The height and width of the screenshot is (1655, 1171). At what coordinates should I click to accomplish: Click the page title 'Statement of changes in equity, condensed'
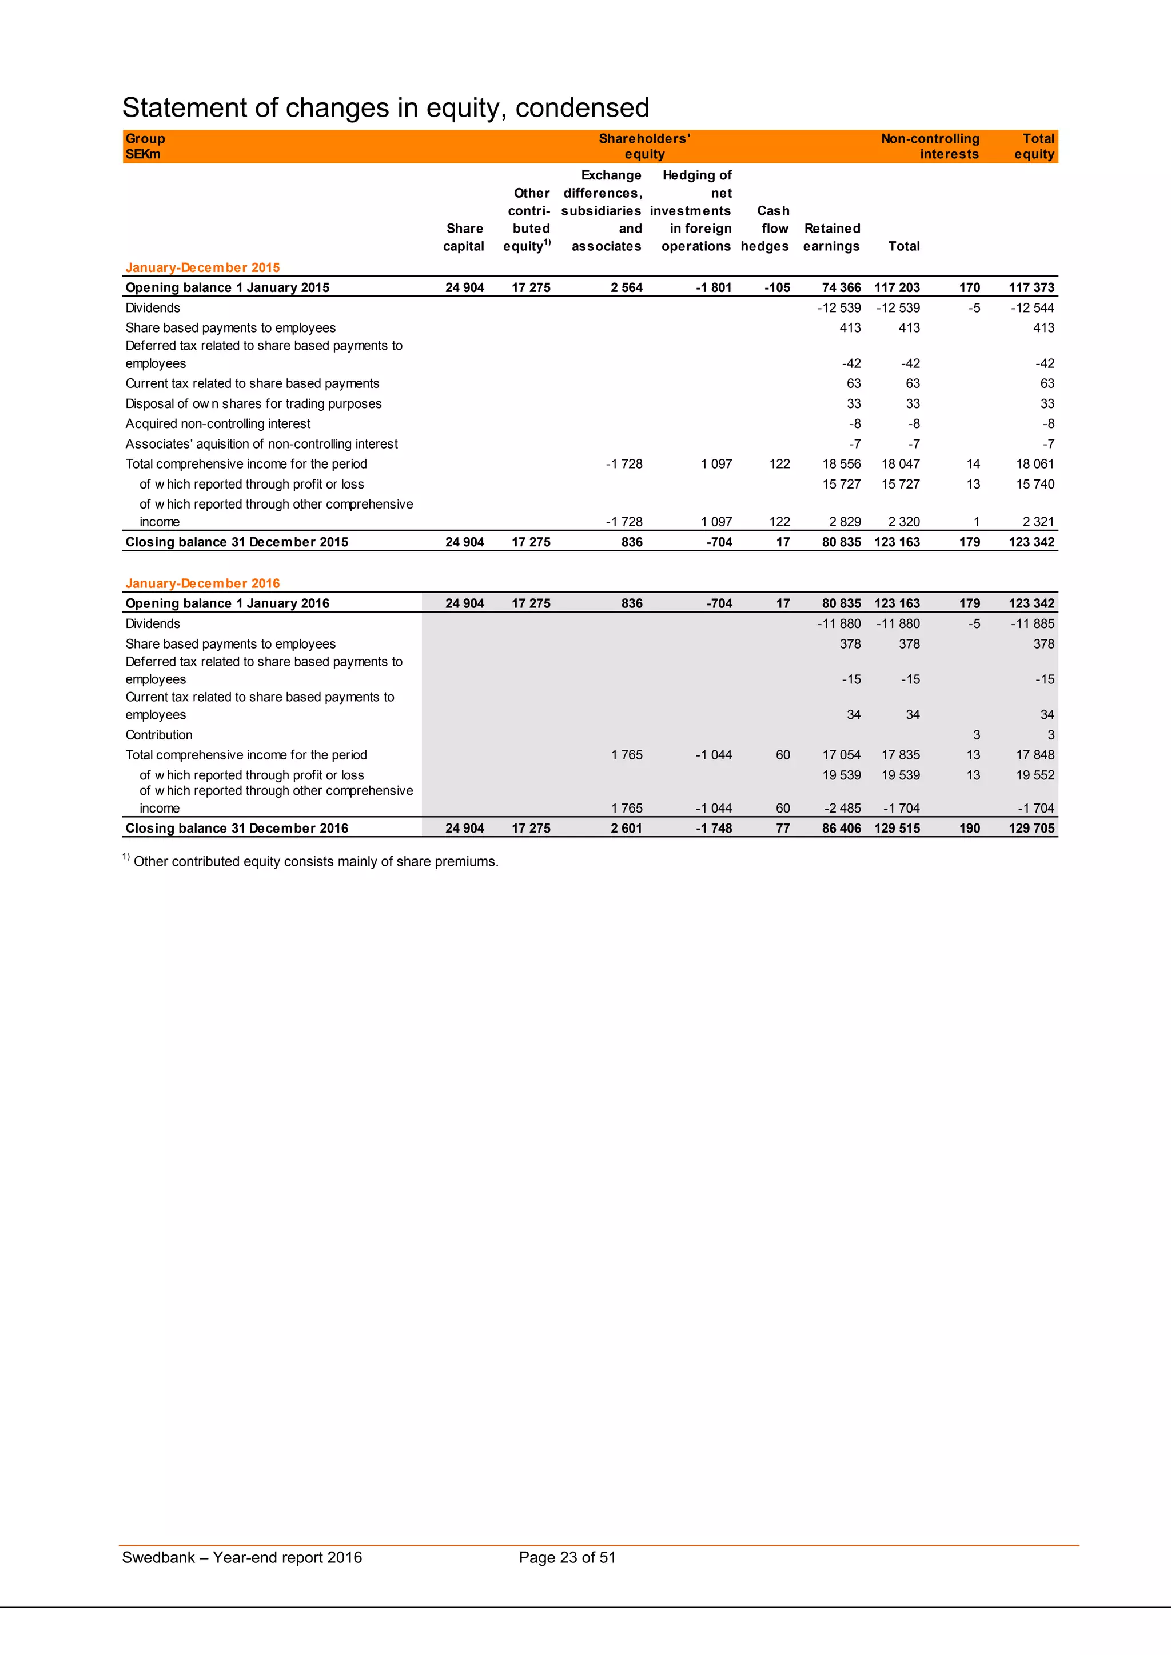point(386,108)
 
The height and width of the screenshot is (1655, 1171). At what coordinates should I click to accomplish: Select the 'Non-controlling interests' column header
point(930,146)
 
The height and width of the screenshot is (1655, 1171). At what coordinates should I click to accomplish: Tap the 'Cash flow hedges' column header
point(765,229)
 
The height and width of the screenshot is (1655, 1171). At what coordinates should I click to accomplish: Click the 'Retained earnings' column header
point(831,237)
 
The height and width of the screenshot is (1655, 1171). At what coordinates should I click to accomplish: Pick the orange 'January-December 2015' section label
point(202,267)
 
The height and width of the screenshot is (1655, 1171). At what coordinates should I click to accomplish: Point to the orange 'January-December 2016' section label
point(202,583)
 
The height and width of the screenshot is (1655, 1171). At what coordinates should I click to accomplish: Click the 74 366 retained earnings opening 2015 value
point(841,287)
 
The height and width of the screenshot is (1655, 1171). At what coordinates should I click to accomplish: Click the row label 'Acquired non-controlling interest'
point(218,424)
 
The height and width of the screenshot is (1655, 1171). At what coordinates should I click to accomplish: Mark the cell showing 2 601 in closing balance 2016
point(626,828)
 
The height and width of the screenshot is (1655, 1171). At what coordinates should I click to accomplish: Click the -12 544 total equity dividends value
point(1032,308)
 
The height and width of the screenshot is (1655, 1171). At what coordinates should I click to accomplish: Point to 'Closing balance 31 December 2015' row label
point(237,542)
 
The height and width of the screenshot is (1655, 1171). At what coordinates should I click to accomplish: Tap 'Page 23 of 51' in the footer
point(567,1557)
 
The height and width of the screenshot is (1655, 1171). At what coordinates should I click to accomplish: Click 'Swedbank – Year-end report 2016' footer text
point(241,1557)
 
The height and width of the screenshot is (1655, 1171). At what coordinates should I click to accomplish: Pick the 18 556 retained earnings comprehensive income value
point(841,464)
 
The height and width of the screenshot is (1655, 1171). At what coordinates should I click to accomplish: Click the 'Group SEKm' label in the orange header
point(145,146)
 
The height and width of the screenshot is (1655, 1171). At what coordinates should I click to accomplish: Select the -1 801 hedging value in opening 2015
point(713,287)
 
